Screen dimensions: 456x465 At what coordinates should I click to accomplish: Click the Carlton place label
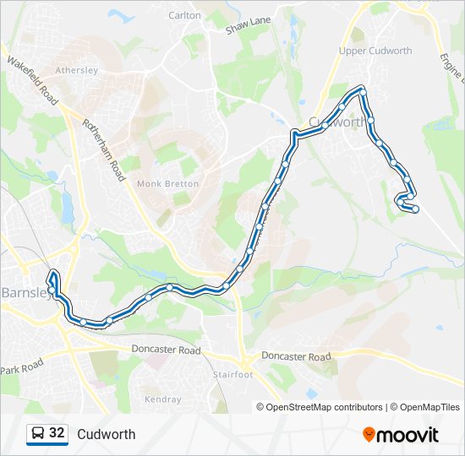pos(184,15)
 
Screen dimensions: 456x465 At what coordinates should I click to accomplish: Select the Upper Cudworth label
pos(375,51)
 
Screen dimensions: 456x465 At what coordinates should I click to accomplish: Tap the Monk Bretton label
pos(167,183)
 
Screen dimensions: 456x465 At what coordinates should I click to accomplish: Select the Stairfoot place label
pos(232,374)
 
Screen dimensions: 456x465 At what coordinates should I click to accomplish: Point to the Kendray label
pos(162,399)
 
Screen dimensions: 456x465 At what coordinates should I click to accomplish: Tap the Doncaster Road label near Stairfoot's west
pos(167,350)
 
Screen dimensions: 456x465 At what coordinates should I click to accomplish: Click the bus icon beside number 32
pos(37,434)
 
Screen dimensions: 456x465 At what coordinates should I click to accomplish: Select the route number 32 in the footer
pos(57,433)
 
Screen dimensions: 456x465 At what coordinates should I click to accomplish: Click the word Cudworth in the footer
pos(106,434)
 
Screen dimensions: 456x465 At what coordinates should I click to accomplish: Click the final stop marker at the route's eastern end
pos(415,209)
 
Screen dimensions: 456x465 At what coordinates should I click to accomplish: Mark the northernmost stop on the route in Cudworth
pos(362,90)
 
